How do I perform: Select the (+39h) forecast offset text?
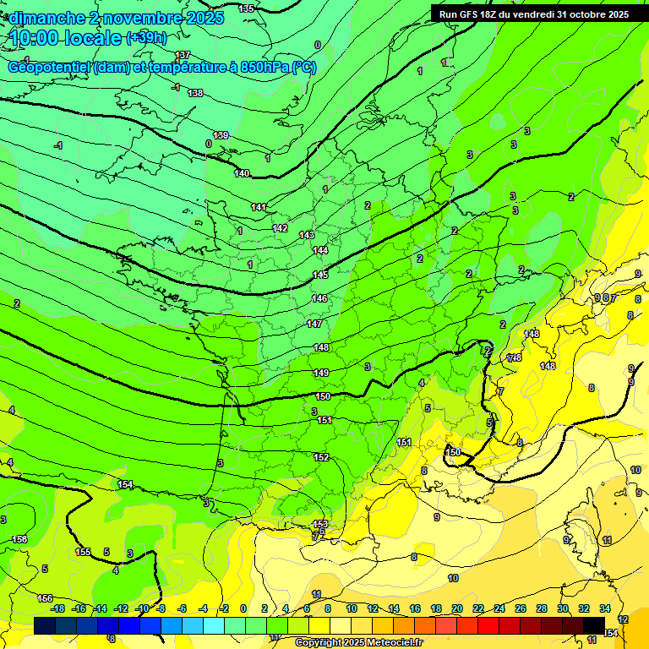point(146,38)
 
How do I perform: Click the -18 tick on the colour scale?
point(57,608)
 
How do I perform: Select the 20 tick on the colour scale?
point(457,608)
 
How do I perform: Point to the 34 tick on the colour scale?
point(605,608)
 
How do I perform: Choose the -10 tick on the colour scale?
point(142,608)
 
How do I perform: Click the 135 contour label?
point(246,8)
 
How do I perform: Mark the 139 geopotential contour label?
point(221,135)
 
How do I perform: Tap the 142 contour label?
point(281,229)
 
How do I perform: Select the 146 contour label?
point(319,298)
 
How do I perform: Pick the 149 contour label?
point(321,373)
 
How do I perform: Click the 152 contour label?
point(321,457)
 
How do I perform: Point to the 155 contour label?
point(84,552)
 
